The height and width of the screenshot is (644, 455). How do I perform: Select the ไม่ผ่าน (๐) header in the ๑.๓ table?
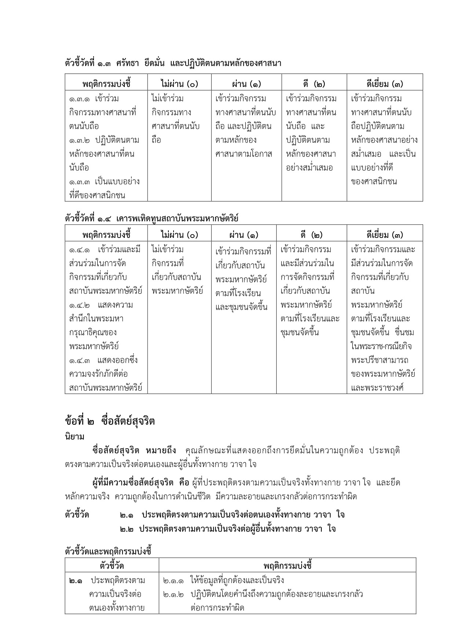(179, 84)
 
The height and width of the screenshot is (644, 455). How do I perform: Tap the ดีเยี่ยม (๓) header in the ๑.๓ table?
(385, 84)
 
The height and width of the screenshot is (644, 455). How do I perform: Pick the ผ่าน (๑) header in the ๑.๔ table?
(244, 235)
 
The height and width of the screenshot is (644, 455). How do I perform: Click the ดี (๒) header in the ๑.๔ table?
(312, 235)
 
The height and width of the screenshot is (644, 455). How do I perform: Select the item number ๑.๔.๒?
(80, 305)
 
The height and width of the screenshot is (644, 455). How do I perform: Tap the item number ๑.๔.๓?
(80, 360)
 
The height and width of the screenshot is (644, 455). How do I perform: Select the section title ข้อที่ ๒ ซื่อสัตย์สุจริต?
(110, 421)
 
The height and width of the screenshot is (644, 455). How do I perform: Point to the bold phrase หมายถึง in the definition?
(161, 450)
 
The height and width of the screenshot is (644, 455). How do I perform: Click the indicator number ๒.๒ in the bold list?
(126, 529)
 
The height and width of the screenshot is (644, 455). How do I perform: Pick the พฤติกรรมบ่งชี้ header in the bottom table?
(287, 565)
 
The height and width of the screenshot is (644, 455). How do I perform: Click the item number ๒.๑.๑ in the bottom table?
(174, 581)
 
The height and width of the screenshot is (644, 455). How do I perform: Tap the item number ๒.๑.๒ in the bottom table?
(174, 594)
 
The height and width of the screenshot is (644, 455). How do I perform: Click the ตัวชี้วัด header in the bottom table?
(112, 565)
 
